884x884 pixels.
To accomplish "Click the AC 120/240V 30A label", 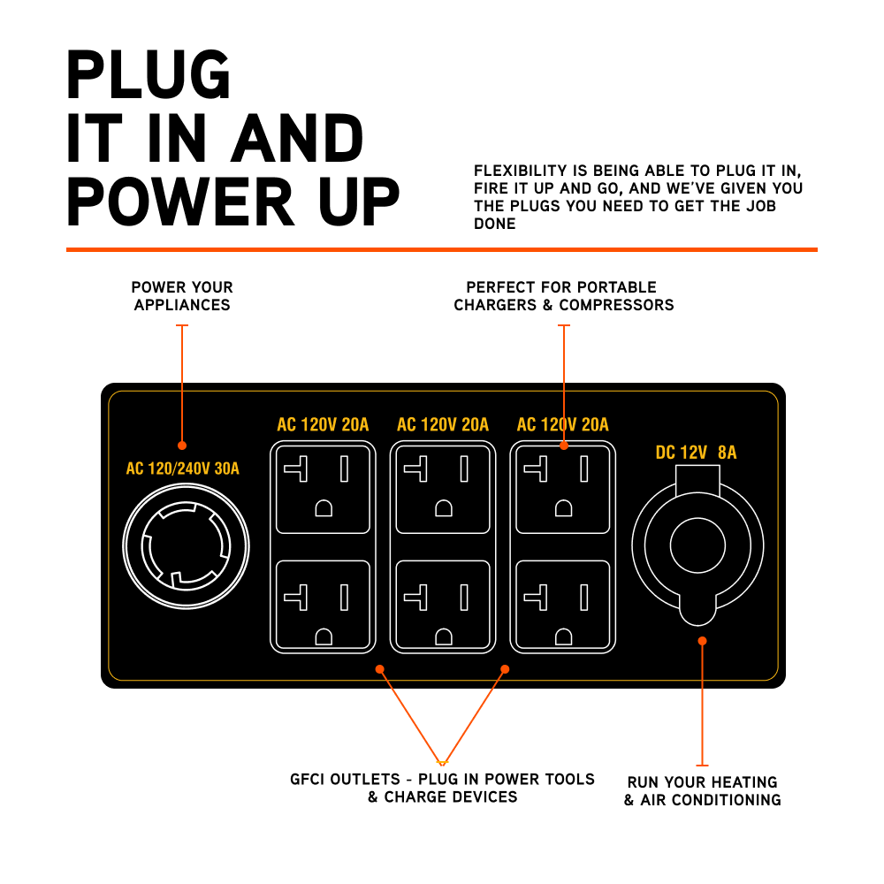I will pos(182,469).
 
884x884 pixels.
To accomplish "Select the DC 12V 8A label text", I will pos(696,453).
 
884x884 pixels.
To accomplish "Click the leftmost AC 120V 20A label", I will pos(323,425).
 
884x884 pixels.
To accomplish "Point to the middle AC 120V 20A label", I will pos(443,425).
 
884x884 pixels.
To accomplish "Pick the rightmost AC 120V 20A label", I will pos(563,425).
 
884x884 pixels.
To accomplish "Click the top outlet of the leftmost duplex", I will pos(323,489).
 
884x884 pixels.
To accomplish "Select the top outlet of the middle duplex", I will pos(443,489).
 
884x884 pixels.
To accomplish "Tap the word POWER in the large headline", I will pos(181,202).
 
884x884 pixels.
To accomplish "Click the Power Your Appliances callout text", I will pos(182,296).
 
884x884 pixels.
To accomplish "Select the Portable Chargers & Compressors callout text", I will pos(563,296).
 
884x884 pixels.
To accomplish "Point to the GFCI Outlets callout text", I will pos(442,788).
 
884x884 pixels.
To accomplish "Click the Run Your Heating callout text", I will pos(702,791).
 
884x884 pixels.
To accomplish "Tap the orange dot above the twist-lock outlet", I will pos(182,445).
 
